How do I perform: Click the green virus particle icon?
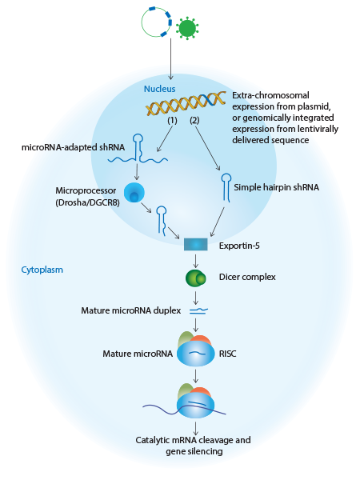(187, 28)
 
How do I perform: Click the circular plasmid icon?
(142, 22)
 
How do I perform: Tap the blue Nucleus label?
(159, 89)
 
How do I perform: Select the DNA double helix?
(186, 103)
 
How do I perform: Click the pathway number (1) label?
(172, 120)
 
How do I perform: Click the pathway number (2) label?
(194, 120)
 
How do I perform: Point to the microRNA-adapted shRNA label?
(73, 147)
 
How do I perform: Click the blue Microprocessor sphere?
(134, 193)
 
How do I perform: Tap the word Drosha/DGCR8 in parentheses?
(87, 202)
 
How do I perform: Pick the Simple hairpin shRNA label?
(277, 187)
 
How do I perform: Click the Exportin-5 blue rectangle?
(196, 244)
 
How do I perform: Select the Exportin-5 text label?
(239, 246)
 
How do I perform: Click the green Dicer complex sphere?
(196, 278)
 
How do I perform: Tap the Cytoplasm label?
(42, 270)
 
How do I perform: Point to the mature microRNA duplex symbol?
(198, 311)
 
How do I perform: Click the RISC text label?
(227, 354)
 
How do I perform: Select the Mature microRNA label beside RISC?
(138, 354)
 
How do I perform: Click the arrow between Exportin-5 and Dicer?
(196, 261)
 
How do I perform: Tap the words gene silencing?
(194, 451)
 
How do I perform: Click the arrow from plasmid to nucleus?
(170, 59)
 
